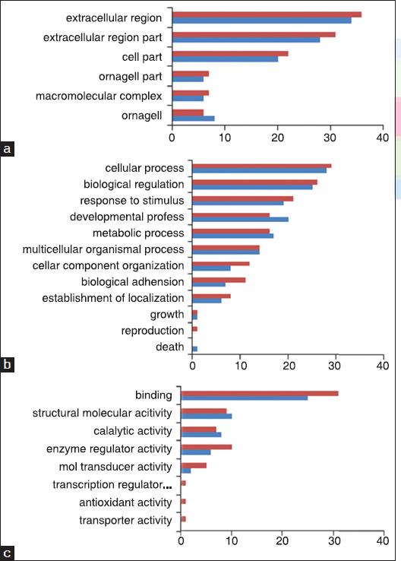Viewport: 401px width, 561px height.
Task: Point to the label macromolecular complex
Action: point(99,96)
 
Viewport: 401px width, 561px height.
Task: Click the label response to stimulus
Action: point(132,201)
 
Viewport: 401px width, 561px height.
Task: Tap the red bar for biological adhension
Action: point(219,280)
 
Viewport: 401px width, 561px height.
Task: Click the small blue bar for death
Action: point(195,349)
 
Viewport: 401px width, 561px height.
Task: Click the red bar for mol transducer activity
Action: point(194,465)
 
